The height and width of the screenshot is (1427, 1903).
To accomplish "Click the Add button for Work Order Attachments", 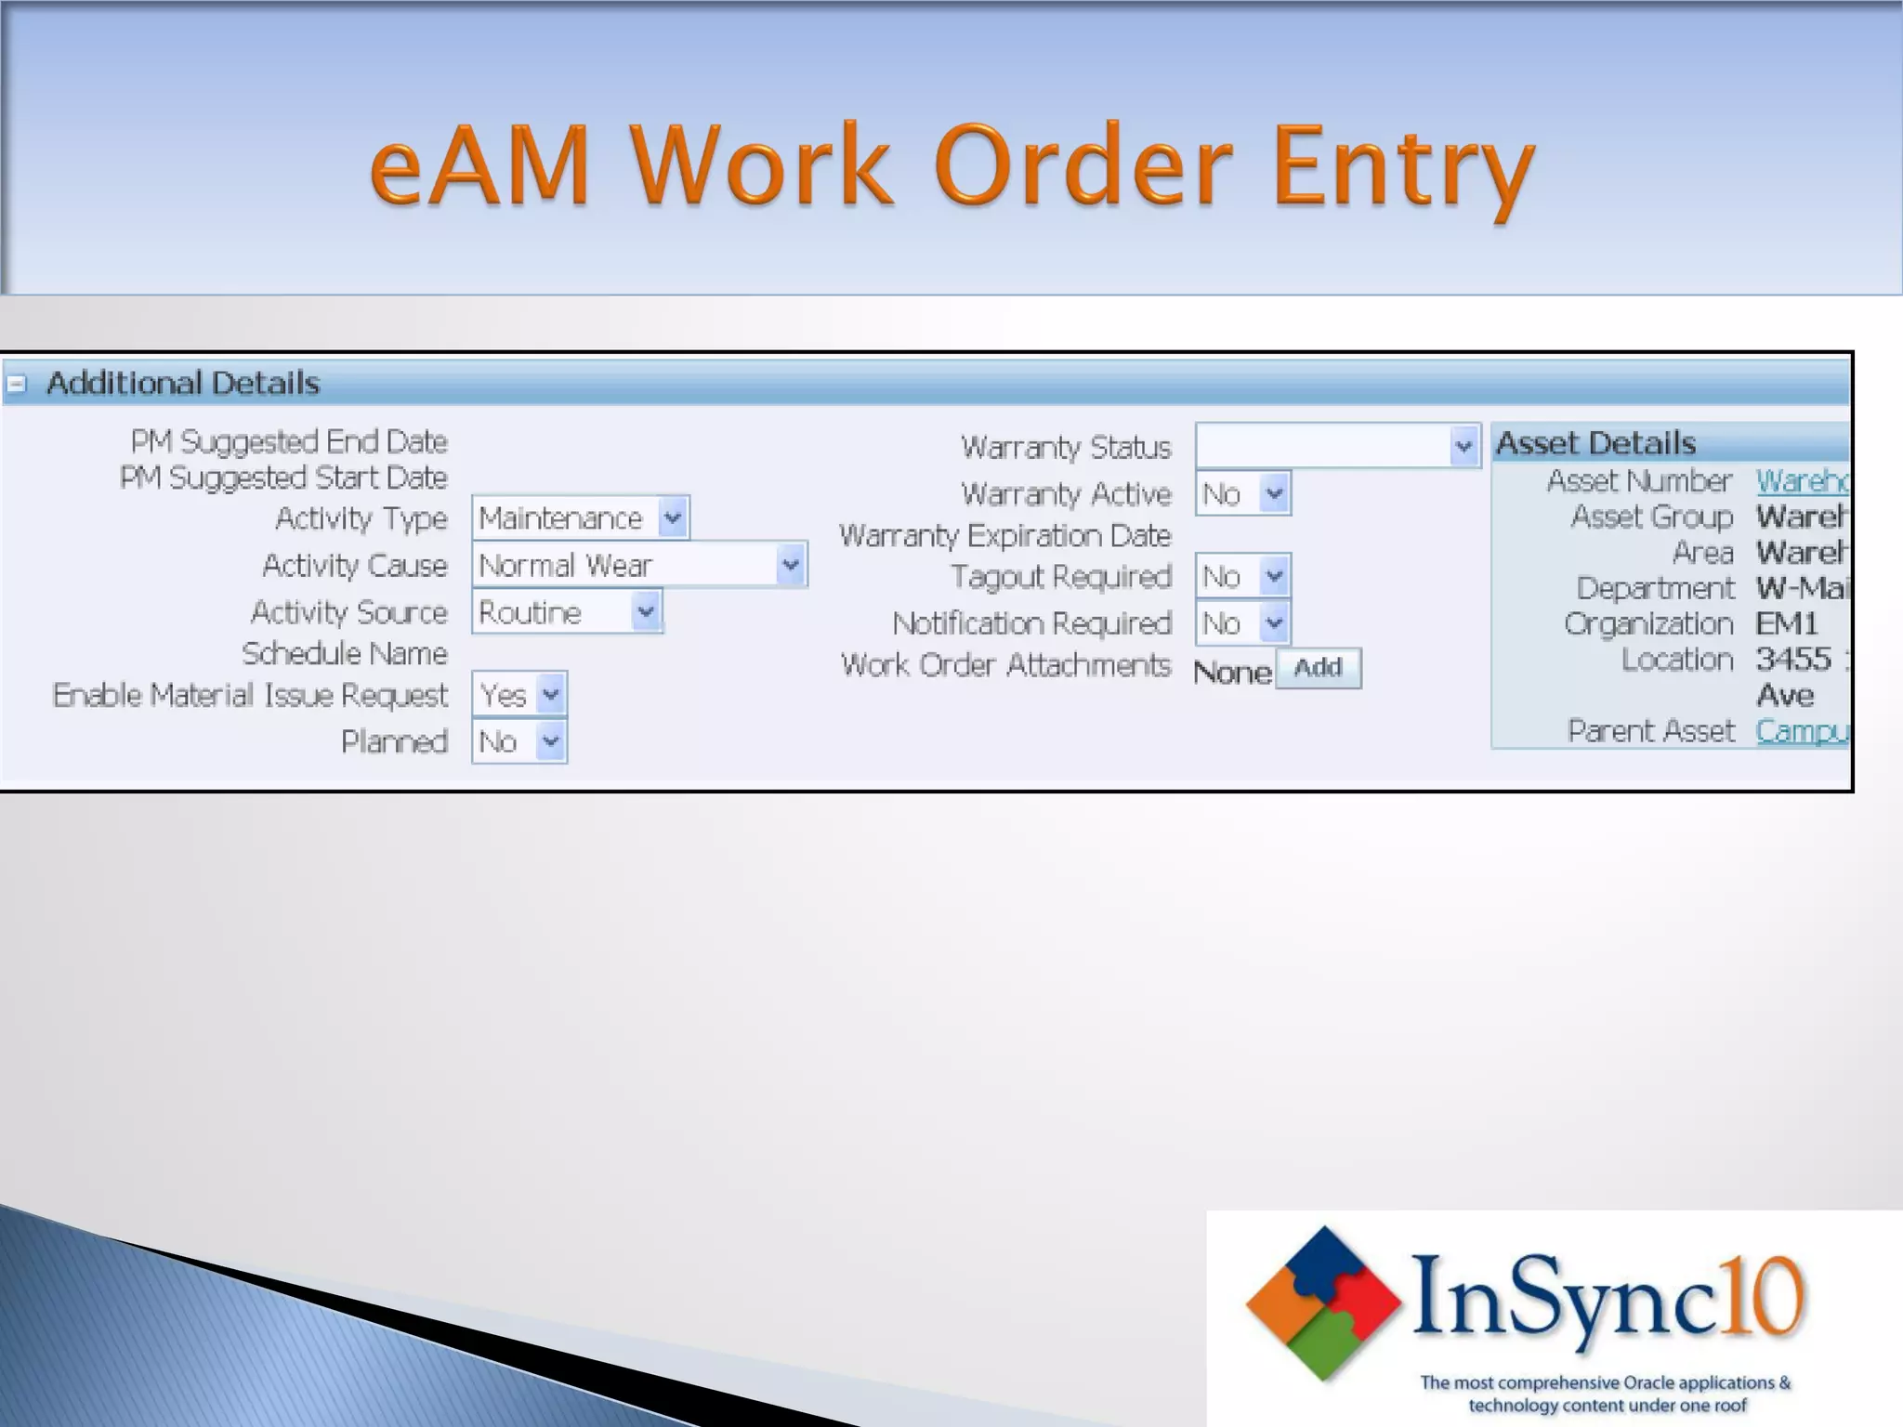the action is [1319, 668].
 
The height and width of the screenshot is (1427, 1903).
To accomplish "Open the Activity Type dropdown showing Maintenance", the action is [581, 517].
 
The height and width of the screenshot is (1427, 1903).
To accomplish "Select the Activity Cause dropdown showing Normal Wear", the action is [639, 565].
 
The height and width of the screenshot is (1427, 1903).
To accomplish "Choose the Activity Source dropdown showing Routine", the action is [567, 612].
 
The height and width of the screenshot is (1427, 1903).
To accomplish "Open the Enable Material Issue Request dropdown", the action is [519, 695].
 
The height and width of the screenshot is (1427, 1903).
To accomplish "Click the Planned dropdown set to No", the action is [519, 741].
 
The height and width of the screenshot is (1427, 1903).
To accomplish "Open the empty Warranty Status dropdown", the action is [1337, 447].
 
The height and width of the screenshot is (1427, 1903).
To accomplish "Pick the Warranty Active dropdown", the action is [1243, 493].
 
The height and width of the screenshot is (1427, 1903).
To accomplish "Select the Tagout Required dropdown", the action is [1243, 577].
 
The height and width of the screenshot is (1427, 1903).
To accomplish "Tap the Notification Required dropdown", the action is [1243, 623].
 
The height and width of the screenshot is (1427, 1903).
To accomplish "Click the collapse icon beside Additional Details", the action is [18, 383].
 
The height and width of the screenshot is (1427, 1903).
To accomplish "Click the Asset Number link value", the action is [1801, 480].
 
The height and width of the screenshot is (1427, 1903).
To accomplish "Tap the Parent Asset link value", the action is [1801, 731].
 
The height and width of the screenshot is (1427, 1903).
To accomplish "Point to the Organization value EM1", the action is [1786, 623].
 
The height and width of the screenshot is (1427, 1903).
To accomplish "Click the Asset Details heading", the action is [1595, 443].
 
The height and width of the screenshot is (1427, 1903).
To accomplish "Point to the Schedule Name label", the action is [345, 654].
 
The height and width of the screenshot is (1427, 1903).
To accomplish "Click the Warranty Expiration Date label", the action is [1004, 536].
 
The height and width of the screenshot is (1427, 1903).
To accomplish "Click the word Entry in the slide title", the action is [1402, 168].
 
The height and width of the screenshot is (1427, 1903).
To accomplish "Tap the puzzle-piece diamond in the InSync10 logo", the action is [1323, 1302].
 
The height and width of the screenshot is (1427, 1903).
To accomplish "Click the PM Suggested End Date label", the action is [289, 441].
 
